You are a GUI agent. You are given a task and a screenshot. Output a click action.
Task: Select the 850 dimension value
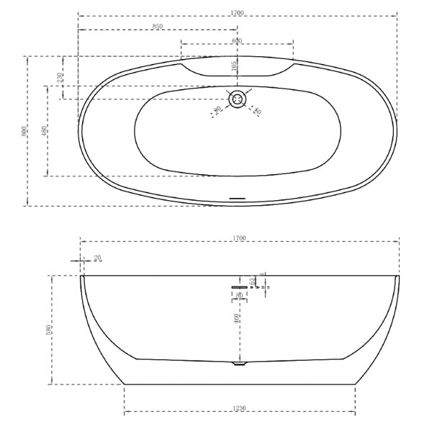pos(157,26)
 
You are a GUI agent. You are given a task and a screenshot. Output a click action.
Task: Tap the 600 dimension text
pos(237,40)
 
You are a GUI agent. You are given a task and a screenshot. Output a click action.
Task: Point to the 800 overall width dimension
pos(24,131)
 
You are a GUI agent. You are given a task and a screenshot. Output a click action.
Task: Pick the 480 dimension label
pos(44,131)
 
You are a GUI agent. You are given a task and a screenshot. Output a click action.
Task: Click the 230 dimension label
pos(60,78)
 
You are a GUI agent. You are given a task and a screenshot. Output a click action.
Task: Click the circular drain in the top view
pos(238,98)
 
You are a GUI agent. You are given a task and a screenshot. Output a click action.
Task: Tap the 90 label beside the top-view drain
pos(217,110)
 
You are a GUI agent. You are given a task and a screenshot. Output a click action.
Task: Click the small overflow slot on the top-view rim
pos(238,195)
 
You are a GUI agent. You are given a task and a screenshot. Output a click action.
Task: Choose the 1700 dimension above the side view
pos(239,238)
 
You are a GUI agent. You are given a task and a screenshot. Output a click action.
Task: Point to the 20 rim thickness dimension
pos(97,258)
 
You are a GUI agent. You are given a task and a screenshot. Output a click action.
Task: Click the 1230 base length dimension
pos(240,408)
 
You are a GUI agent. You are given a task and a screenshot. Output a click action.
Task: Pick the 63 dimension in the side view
pos(252,281)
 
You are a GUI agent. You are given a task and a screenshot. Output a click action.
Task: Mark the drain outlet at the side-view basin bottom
pos(239,364)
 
